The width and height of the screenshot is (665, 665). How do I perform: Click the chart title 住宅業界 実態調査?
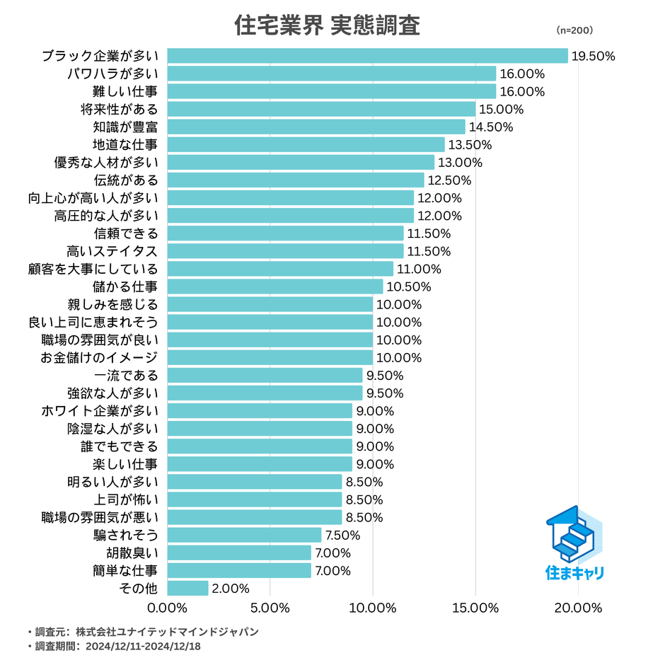click(x=327, y=26)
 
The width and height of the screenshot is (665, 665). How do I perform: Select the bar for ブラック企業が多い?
click(x=367, y=56)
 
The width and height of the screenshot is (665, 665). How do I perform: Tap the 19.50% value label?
click(x=593, y=57)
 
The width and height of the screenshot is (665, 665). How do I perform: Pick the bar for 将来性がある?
click(x=321, y=109)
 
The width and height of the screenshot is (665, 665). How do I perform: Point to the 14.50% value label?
click(x=491, y=127)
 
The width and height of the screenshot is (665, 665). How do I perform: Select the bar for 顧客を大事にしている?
click(x=280, y=269)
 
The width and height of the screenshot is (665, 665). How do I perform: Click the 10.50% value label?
click(x=408, y=287)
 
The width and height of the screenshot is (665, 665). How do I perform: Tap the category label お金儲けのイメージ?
click(x=99, y=358)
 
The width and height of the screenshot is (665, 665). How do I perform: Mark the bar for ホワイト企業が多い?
click(x=260, y=411)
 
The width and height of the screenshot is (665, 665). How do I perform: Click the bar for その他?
click(x=187, y=589)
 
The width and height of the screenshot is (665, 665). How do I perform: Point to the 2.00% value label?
click(x=231, y=589)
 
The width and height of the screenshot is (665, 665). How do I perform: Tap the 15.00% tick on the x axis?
click(x=475, y=608)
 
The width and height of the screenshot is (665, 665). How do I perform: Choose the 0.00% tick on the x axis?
click(x=167, y=608)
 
